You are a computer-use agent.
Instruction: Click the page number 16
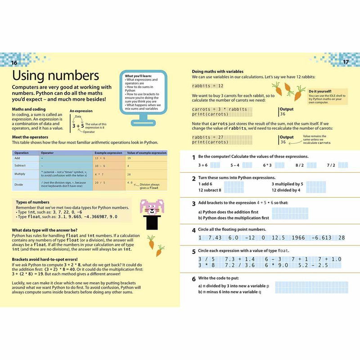tap(14, 62)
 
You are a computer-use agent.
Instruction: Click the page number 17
tap(346, 62)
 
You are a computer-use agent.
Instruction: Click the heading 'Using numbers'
tap(55, 75)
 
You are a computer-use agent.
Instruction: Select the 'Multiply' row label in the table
tap(20, 174)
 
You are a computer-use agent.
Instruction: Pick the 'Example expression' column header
tap(108, 153)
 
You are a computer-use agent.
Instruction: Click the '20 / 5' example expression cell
tap(100, 183)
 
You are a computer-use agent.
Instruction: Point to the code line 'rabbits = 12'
tap(208, 85)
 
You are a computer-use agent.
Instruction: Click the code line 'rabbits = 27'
tap(208, 138)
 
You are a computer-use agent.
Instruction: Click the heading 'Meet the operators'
tap(30, 137)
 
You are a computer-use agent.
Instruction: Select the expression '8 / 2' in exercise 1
tap(300, 165)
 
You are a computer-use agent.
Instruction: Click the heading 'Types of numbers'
tap(32, 202)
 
